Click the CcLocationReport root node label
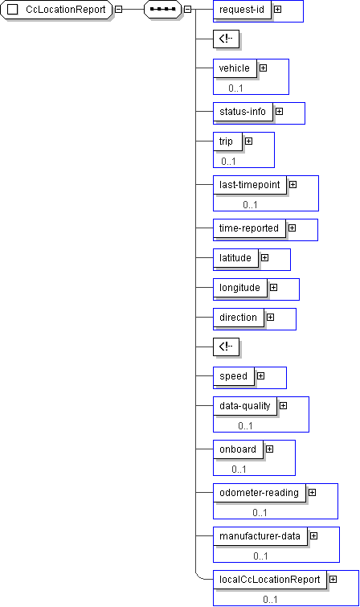pos(65,10)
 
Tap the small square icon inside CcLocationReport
pos(12,10)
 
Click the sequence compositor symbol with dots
pos(162,10)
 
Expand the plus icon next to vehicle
pos(264,68)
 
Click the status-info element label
pos(243,112)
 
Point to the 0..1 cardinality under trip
pos(228,161)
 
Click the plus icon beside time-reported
pos(292,228)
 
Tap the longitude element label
pos(239,288)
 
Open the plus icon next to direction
pos(271,318)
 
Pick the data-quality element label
pos(244,406)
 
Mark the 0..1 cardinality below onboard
pos(239,470)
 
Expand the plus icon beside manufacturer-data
pos(314,536)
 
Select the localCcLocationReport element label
pos(269,580)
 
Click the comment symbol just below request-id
pos(226,39)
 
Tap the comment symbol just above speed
pos(226,347)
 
